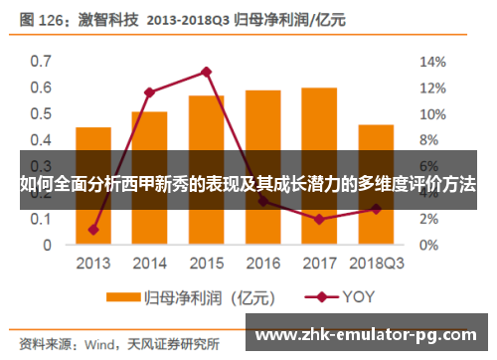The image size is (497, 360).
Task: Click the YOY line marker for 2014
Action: pos(150,92)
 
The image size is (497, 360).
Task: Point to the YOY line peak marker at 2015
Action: pos(207,72)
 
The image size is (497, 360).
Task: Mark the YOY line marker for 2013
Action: pos(93,230)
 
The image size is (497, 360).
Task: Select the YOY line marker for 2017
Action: pos(319,219)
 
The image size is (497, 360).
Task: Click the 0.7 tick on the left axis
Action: pos(41,61)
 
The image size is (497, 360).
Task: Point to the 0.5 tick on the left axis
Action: pos(41,113)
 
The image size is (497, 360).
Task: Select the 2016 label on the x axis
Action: pos(262,264)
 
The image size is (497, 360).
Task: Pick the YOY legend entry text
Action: pos(361,296)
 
